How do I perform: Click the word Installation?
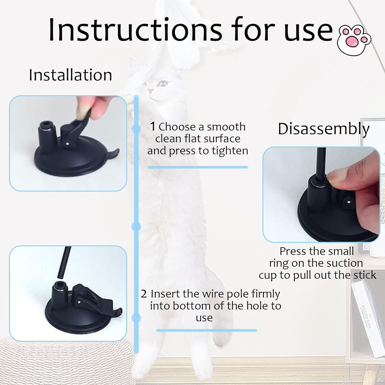[70, 75]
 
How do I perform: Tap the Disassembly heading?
[324, 129]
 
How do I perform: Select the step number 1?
[153, 126]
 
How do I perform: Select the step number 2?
[144, 294]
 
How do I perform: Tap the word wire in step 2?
[192, 294]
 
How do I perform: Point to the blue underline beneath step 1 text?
[198, 167]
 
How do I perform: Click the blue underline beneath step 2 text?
[206, 330]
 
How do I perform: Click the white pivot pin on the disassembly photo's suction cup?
[348, 202]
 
